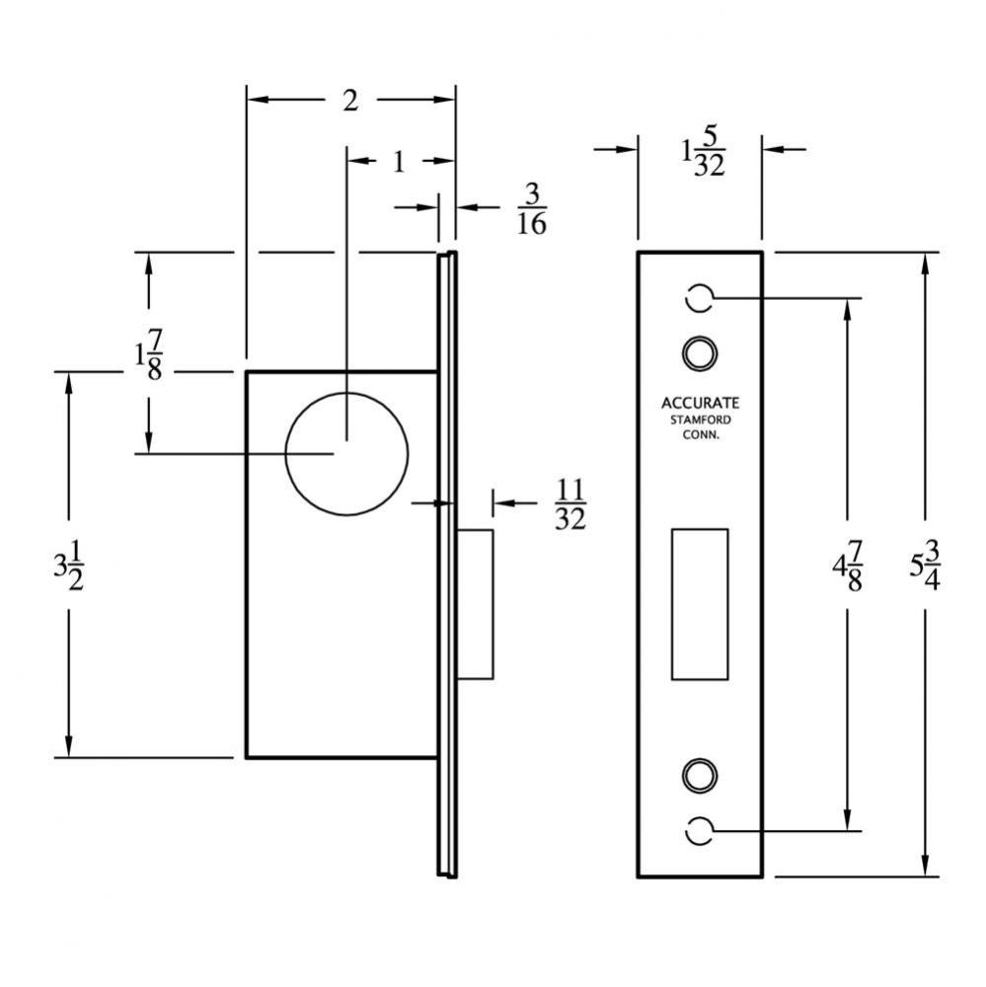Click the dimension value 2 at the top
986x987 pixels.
coord(349,101)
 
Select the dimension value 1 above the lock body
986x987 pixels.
coord(399,162)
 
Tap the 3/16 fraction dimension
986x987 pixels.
coord(531,208)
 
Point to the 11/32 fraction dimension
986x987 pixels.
coord(569,503)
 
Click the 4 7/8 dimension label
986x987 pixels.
coord(847,566)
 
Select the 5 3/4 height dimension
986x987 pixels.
coord(925,566)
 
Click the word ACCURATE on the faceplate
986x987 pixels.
coord(700,403)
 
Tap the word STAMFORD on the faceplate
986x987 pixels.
coord(700,419)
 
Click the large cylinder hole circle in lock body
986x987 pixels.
coord(346,453)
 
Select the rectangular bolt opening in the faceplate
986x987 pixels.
coord(699,603)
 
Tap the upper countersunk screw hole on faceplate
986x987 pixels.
coord(699,351)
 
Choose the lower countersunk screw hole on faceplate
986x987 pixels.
coord(699,775)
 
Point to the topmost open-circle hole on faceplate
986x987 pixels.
coord(699,297)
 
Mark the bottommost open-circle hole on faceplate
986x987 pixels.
coord(699,831)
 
